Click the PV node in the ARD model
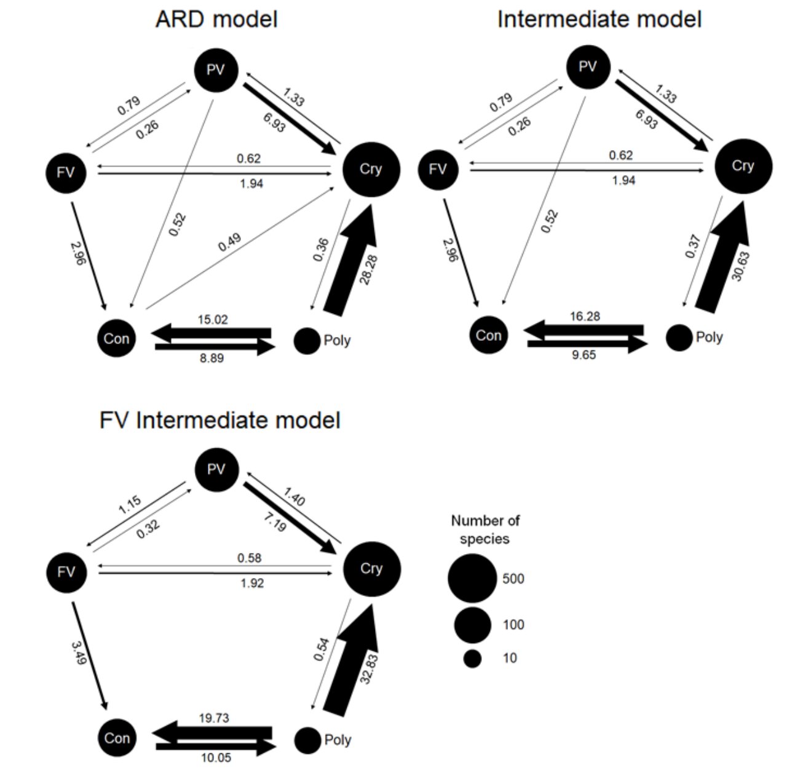pyautogui.click(x=216, y=70)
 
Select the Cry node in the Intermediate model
pyautogui.click(x=743, y=166)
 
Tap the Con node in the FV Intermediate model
pyautogui.click(x=117, y=738)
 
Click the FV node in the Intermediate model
pyautogui.click(x=438, y=168)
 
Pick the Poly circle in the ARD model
pyautogui.click(x=307, y=341)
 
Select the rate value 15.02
pyautogui.click(x=213, y=320)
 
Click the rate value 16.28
pyautogui.click(x=585, y=317)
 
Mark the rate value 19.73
pyautogui.click(x=215, y=718)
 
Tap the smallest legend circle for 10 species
pyautogui.click(x=472, y=659)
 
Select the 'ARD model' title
pyautogui.click(x=216, y=19)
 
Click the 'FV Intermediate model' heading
pyautogui.click(x=220, y=421)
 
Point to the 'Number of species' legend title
pyautogui.click(x=485, y=529)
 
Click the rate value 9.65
pyautogui.click(x=583, y=355)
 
